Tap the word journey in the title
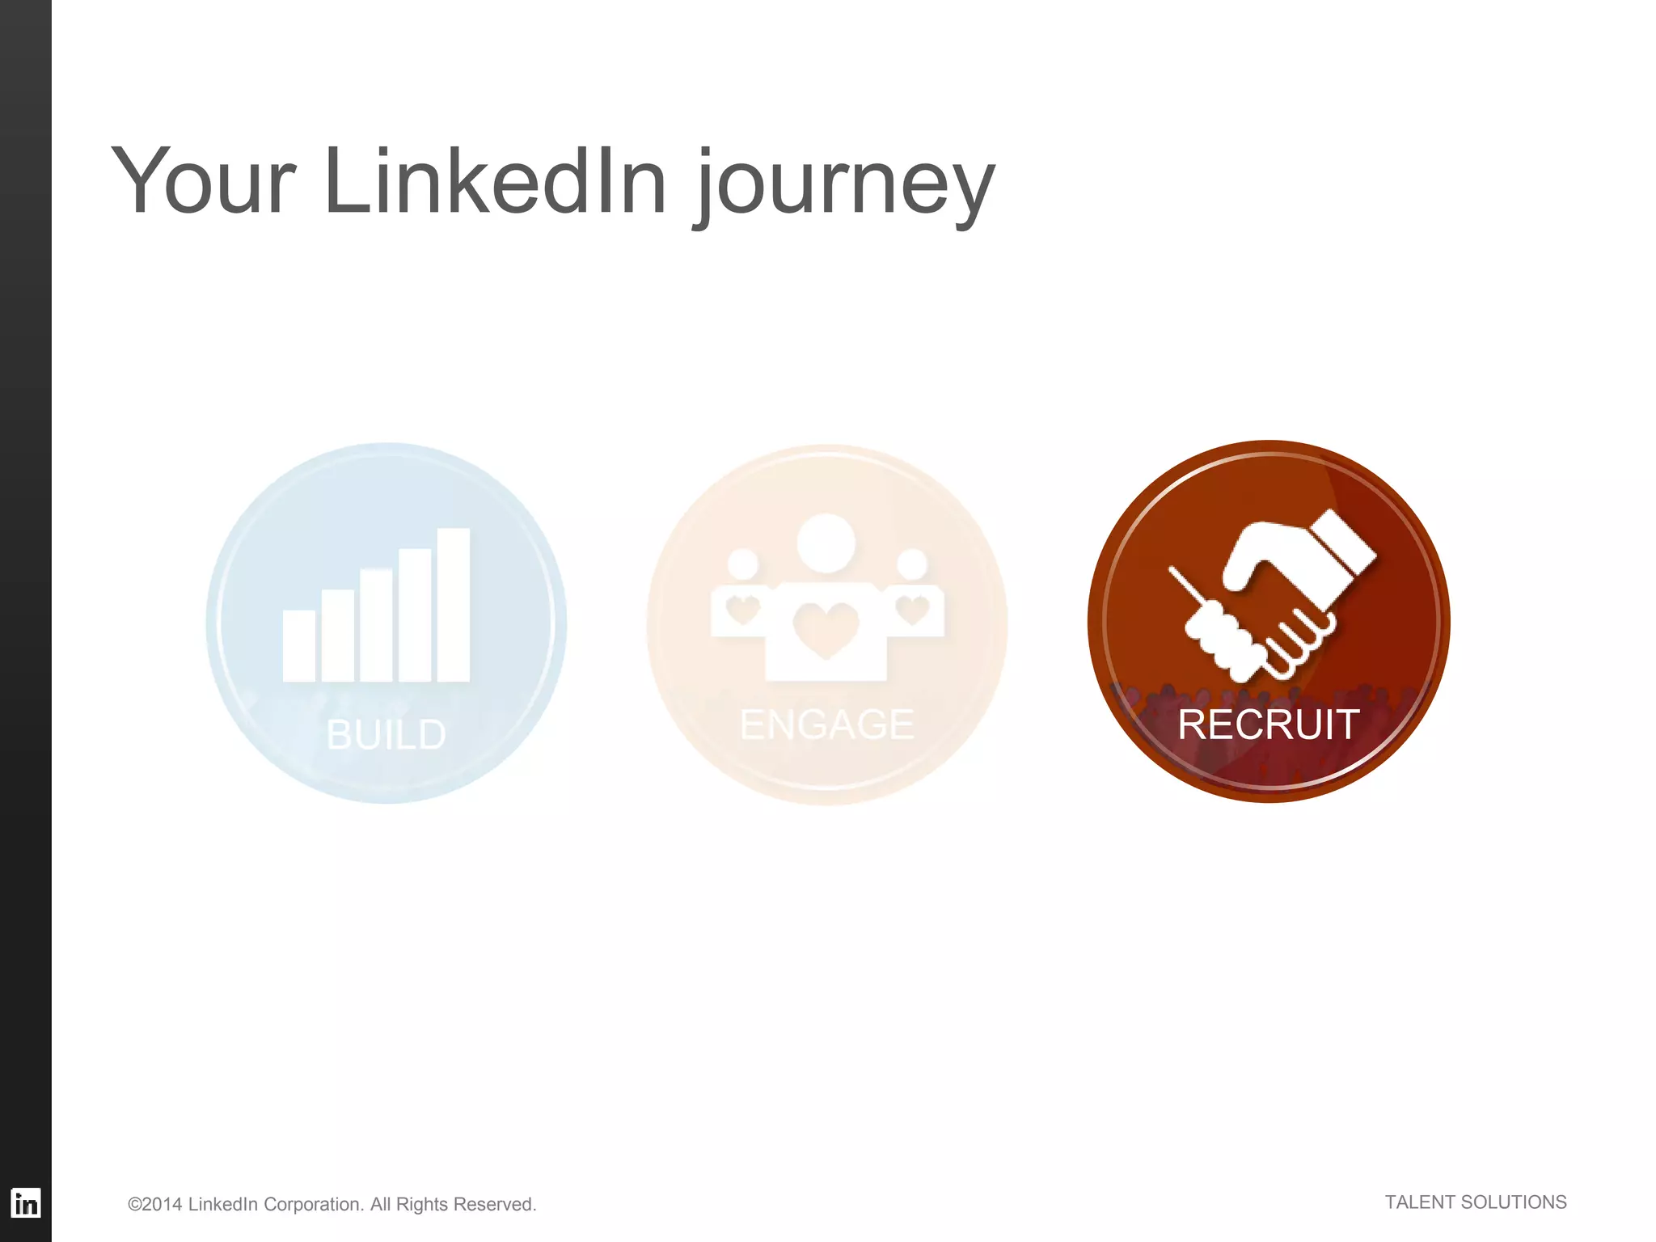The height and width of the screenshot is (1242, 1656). coord(846,186)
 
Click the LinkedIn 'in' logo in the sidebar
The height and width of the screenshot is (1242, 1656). coord(26,1204)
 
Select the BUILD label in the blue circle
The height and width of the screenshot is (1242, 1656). coord(386,734)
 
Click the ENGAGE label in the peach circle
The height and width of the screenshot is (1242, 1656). coord(826,724)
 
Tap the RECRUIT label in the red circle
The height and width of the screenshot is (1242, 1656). coord(1268,724)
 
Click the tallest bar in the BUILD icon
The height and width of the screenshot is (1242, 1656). coord(453,604)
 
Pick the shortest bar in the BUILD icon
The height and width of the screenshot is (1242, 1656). coord(298,645)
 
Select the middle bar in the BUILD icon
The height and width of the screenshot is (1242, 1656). coord(376,625)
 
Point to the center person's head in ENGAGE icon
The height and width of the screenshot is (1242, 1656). coord(826,542)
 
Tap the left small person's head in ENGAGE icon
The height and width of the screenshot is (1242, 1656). coord(743,564)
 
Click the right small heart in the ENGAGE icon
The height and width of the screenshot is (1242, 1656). coord(912,609)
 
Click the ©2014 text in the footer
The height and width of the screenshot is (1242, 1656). coord(154,1204)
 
